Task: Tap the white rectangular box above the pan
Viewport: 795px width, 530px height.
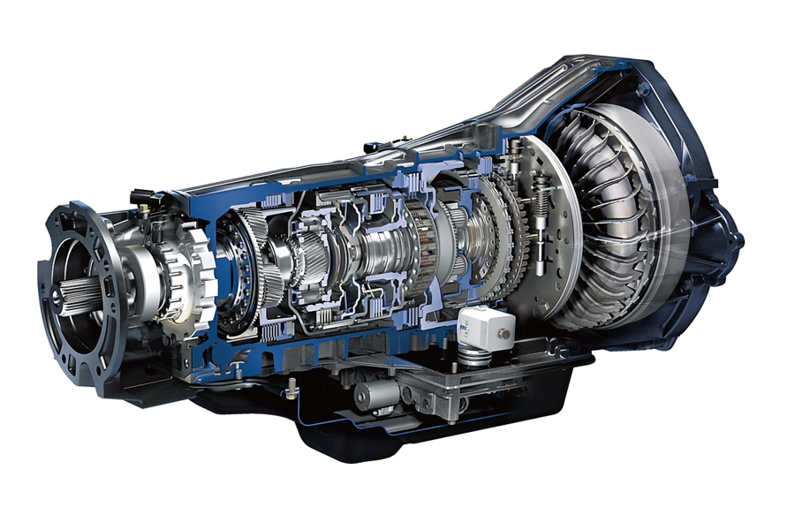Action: [485, 328]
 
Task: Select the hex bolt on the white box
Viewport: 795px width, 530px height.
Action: [504, 334]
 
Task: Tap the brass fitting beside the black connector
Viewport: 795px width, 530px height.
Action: [144, 209]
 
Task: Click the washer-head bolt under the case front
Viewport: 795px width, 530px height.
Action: [291, 382]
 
